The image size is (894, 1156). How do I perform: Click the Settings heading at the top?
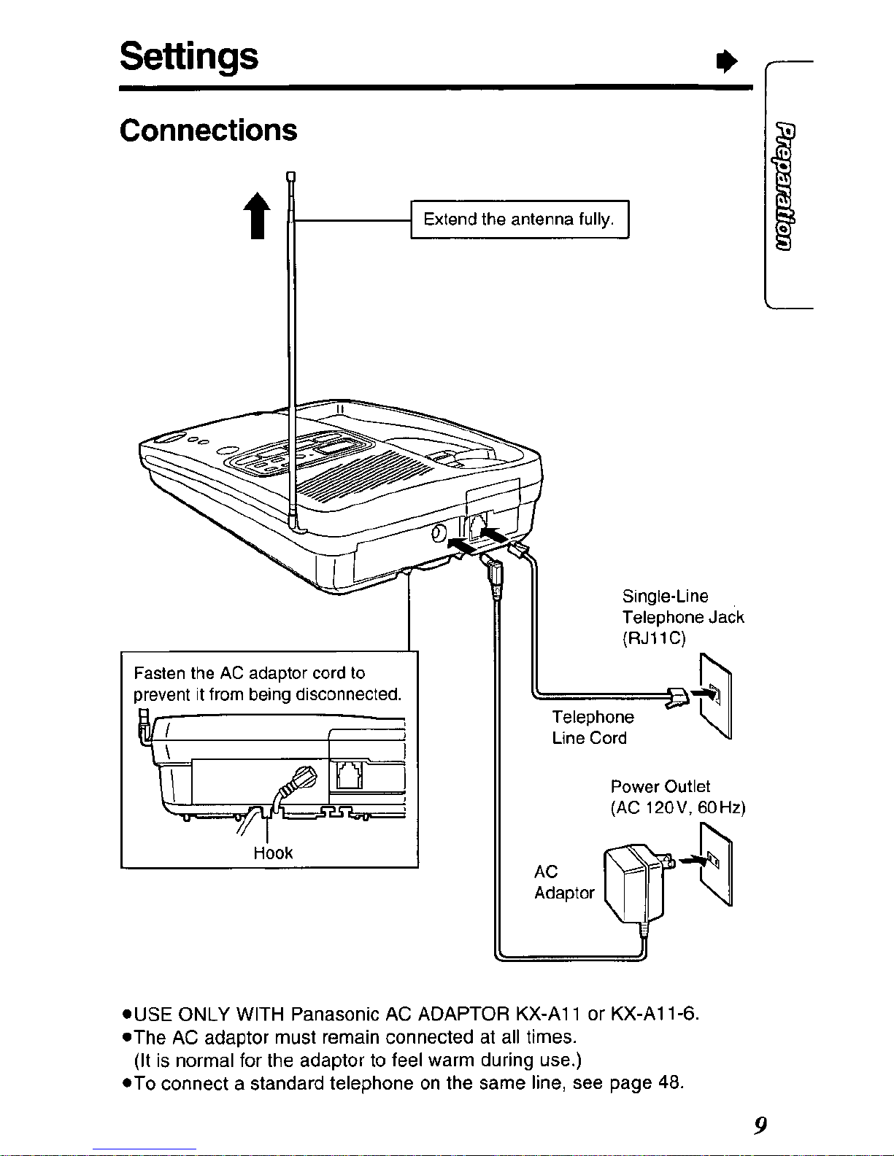[x=189, y=56]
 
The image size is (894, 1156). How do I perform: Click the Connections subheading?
[x=208, y=131]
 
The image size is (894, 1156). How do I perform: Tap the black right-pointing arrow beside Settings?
[x=727, y=62]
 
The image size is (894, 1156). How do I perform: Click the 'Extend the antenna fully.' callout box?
[x=520, y=220]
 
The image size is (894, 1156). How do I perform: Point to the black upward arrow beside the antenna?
[x=258, y=215]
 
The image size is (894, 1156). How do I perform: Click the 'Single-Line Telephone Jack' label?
[x=683, y=607]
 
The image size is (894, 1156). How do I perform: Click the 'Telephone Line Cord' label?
[x=593, y=727]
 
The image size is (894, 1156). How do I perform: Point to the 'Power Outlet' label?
[x=660, y=786]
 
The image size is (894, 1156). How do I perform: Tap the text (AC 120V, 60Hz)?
[x=678, y=808]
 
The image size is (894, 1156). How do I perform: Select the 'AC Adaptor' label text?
[x=564, y=882]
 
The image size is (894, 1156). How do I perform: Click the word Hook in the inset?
[x=273, y=853]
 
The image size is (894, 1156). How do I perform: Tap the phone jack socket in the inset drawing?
[x=349, y=775]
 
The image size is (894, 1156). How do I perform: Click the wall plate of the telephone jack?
[x=716, y=695]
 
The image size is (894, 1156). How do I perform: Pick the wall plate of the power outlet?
[x=716, y=864]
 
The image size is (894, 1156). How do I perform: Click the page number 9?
[x=760, y=1125]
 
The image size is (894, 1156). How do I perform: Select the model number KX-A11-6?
[x=654, y=1014]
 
